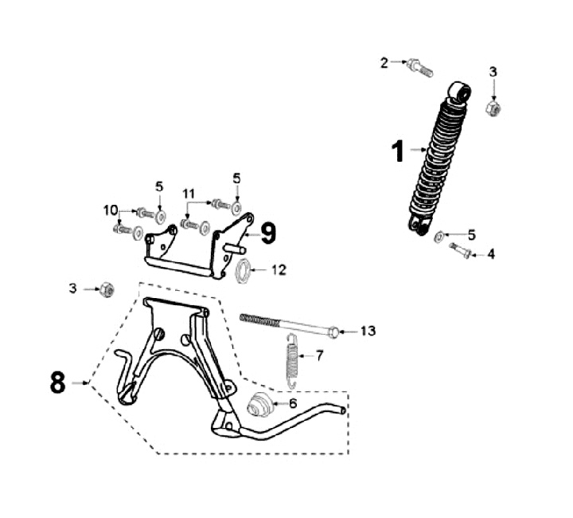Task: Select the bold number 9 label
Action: point(268,233)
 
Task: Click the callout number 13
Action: point(367,331)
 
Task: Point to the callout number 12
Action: point(278,269)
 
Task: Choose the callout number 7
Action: point(319,355)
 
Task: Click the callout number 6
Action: point(292,404)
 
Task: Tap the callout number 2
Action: point(384,62)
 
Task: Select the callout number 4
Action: point(491,254)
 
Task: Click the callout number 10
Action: point(110,210)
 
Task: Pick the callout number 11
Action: point(189,193)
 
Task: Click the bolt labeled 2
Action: point(419,67)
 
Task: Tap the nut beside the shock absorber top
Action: point(493,107)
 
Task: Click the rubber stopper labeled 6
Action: point(258,405)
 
